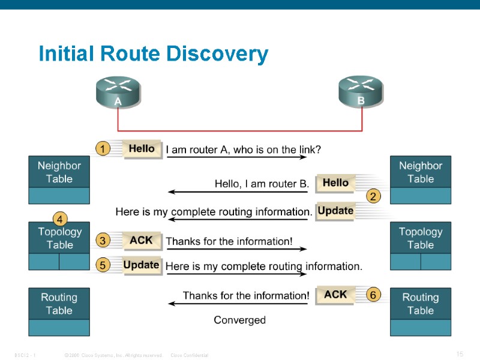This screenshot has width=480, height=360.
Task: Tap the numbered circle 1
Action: (x=103, y=148)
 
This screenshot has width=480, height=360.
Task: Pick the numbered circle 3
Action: (x=103, y=241)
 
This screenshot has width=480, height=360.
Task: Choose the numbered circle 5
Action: (x=103, y=265)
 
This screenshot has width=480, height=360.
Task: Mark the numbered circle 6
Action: (x=373, y=295)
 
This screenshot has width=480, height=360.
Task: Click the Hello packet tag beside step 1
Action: (x=142, y=149)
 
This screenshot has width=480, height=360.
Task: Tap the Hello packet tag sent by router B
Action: (x=335, y=182)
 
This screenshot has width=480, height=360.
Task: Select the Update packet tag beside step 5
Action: (x=142, y=265)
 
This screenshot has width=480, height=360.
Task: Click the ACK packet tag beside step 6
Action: (x=335, y=295)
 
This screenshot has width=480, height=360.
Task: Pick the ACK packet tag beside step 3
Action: (x=142, y=241)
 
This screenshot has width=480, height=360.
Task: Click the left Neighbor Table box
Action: (x=59, y=179)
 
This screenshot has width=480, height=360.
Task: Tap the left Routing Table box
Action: (x=59, y=311)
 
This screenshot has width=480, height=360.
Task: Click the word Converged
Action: (x=239, y=320)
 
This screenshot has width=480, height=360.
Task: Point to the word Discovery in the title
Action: (x=217, y=54)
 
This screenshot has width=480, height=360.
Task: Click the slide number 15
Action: (x=460, y=354)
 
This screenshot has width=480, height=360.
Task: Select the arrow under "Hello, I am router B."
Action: (x=238, y=192)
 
